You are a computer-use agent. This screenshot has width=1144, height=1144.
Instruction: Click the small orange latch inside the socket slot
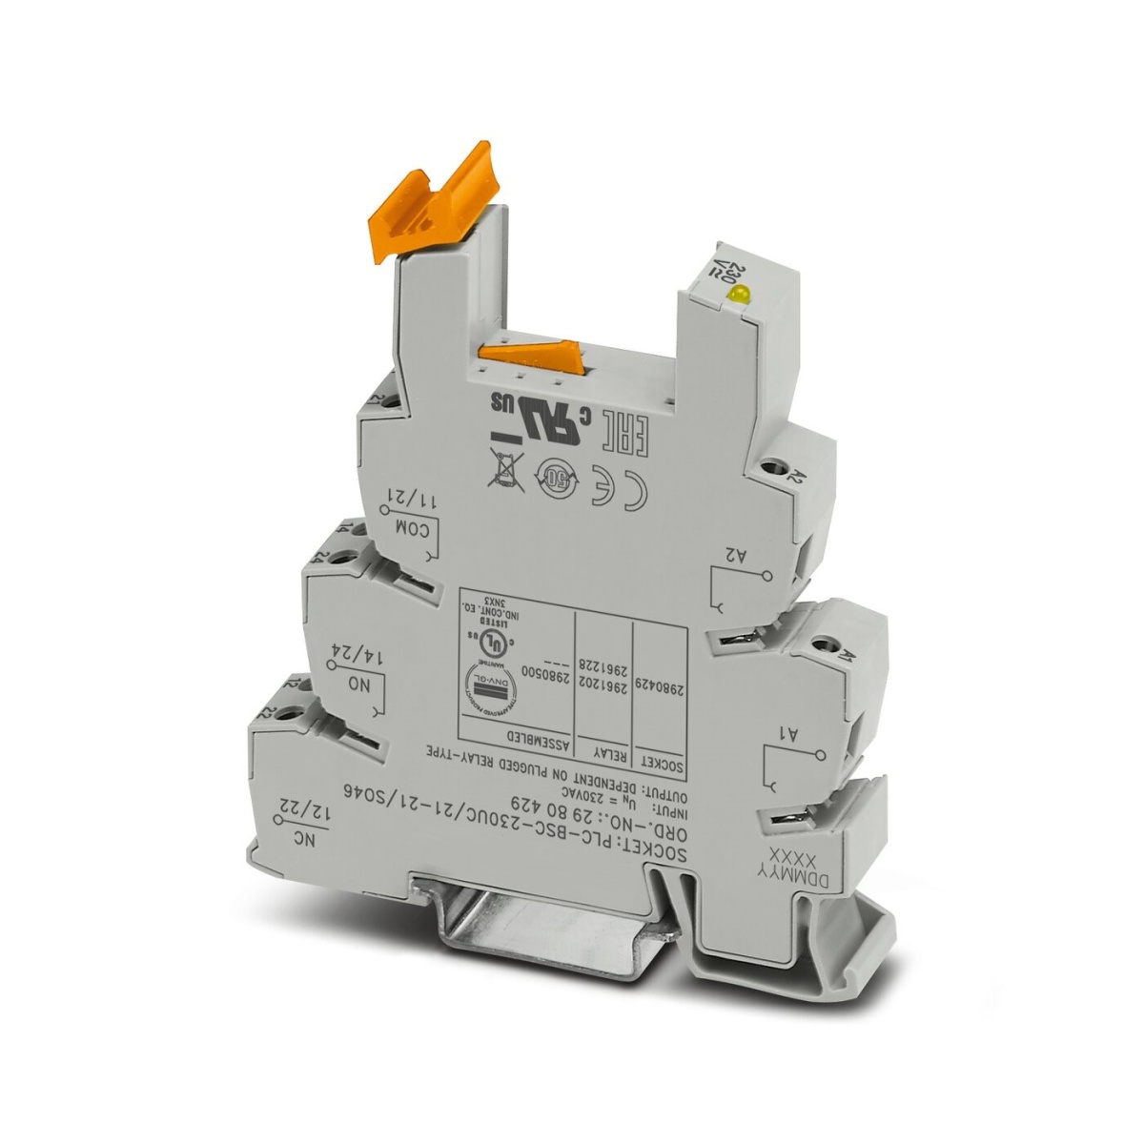point(534,357)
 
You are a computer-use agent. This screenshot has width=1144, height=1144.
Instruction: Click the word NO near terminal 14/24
point(359,686)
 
